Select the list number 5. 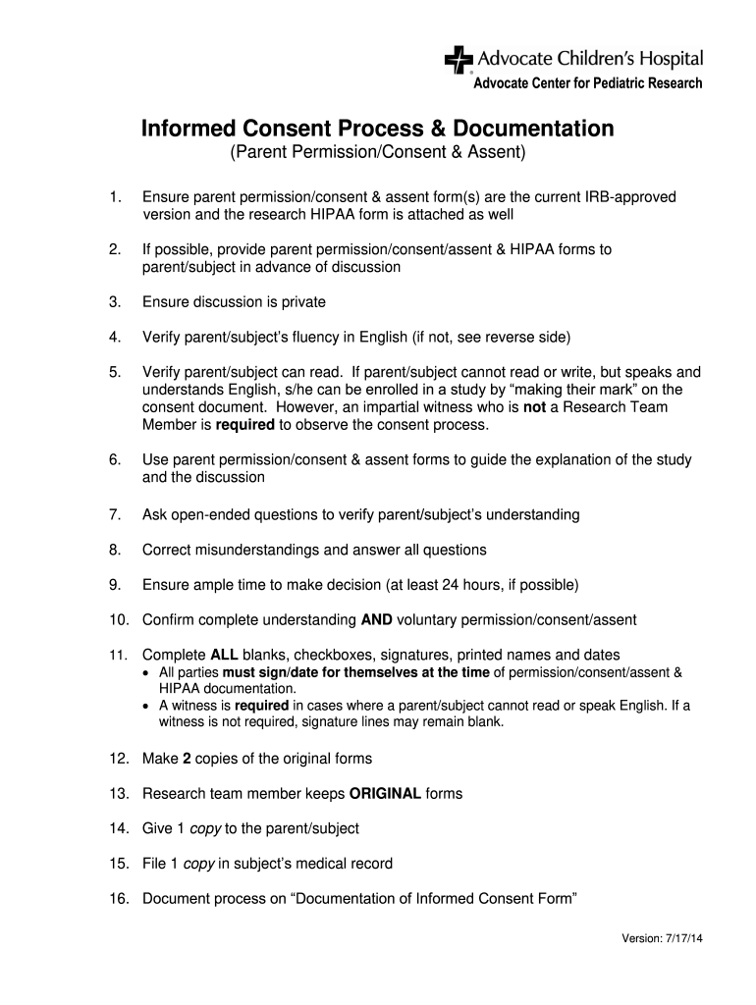(115, 373)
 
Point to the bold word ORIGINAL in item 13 (386, 793)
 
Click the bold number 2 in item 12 (187, 759)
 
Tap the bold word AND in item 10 (377, 620)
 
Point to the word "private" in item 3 (301, 302)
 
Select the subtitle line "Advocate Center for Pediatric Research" (588, 83)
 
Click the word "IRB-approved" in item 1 (631, 197)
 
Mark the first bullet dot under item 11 (146, 673)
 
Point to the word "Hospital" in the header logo (673, 60)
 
